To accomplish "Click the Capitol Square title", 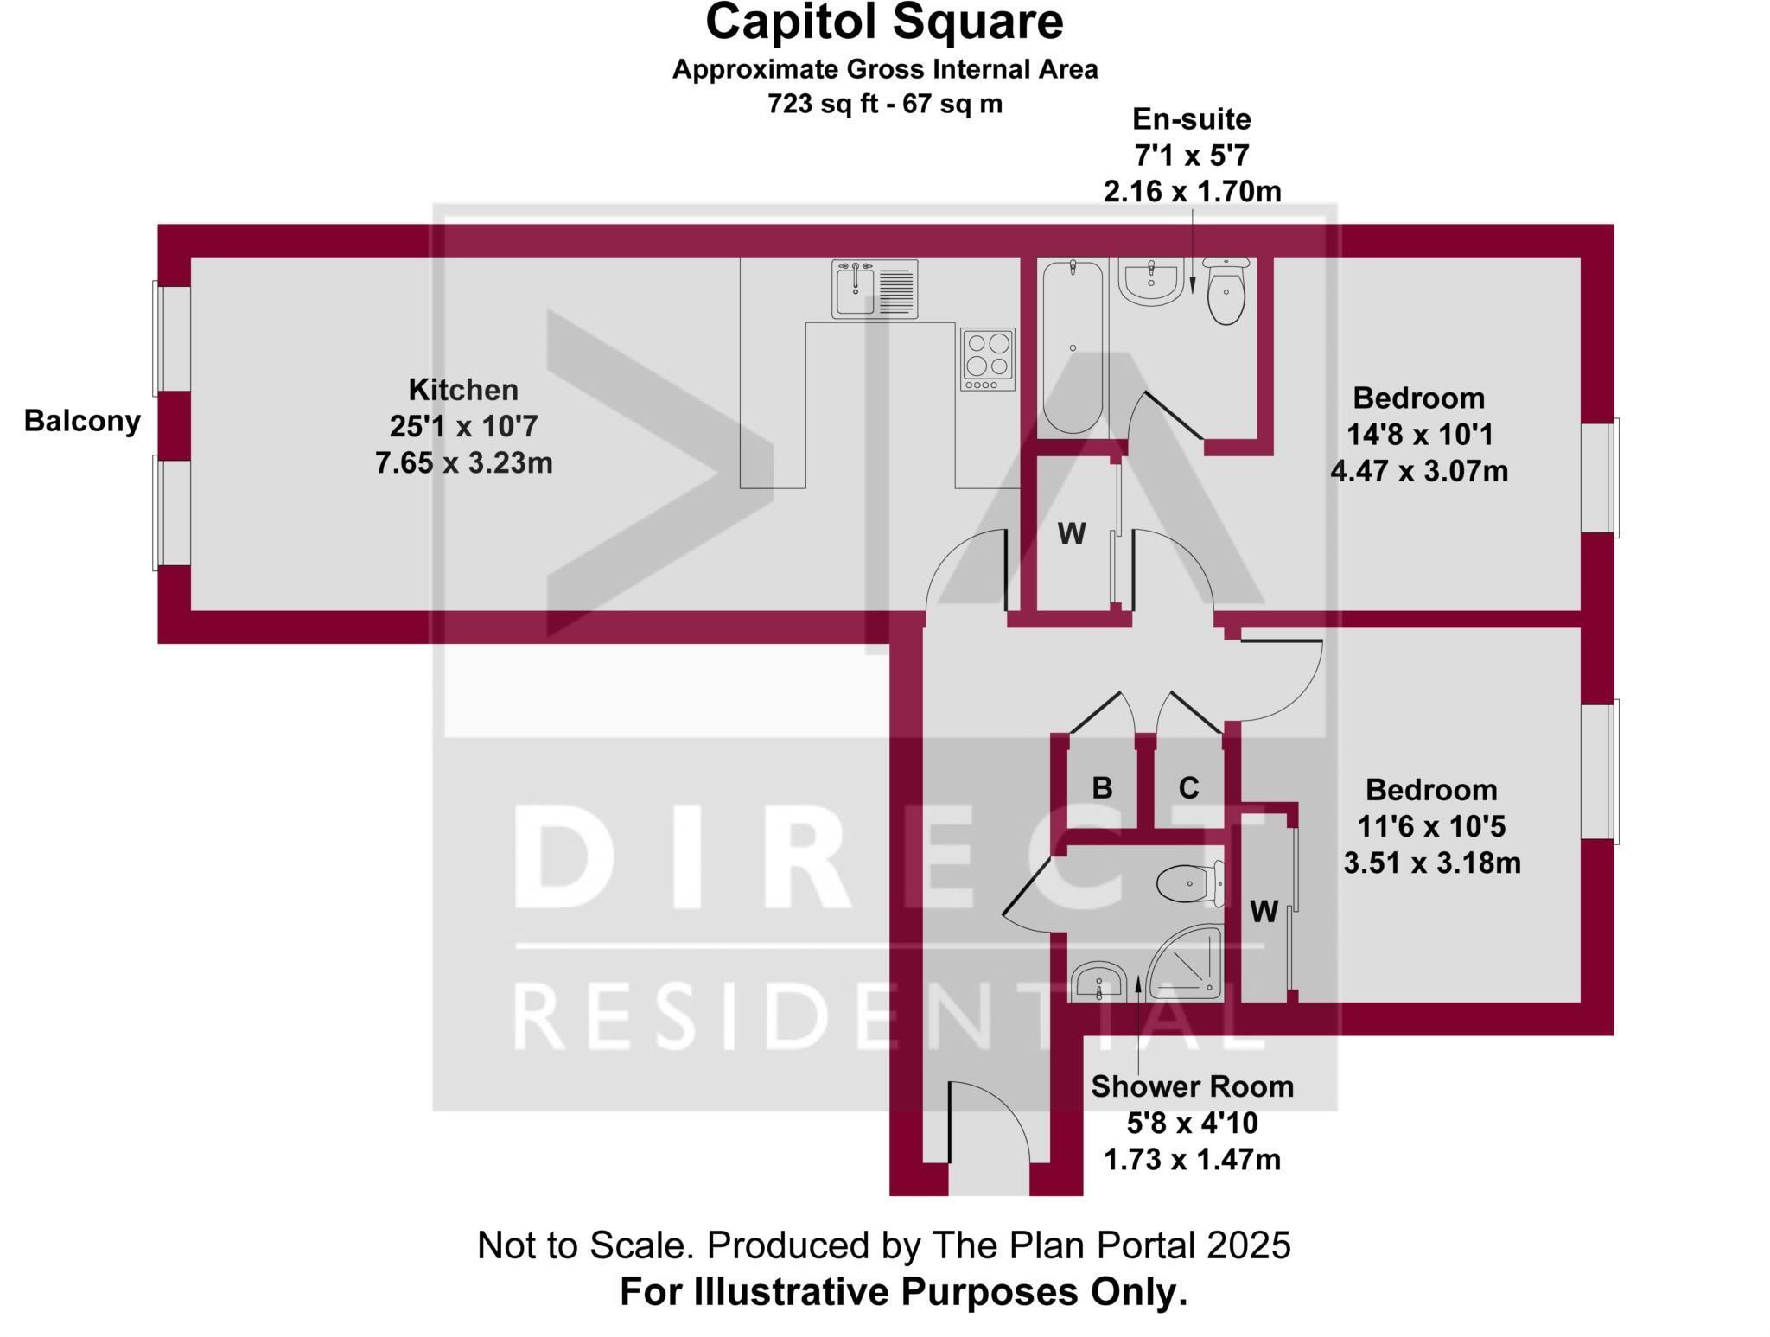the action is (x=884, y=22).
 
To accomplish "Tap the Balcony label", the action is (x=82, y=421).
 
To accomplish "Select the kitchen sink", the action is (x=875, y=289).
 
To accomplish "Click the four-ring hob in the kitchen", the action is (x=988, y=360).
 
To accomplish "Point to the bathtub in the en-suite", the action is (x=1073, y=347).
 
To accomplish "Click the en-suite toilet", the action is (x=1226, y=290).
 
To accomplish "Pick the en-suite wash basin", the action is (x=1150, y=282).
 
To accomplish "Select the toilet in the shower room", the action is (x=1190, y=882).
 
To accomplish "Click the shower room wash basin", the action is (x=1098, y=982).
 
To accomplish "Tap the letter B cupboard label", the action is (x=1102, y=787).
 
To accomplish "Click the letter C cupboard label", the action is (x=1189, y=787).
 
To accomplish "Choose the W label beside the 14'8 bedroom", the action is (x=1072, y=534).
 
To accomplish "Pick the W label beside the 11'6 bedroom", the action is (x=1264, y=911).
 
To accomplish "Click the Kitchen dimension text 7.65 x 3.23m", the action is (x=464, y=463).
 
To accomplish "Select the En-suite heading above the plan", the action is (x=1192, y=118).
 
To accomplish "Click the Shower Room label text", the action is (x=1193, y=1086).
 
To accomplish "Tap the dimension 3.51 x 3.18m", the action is (x=1432, y=863).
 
